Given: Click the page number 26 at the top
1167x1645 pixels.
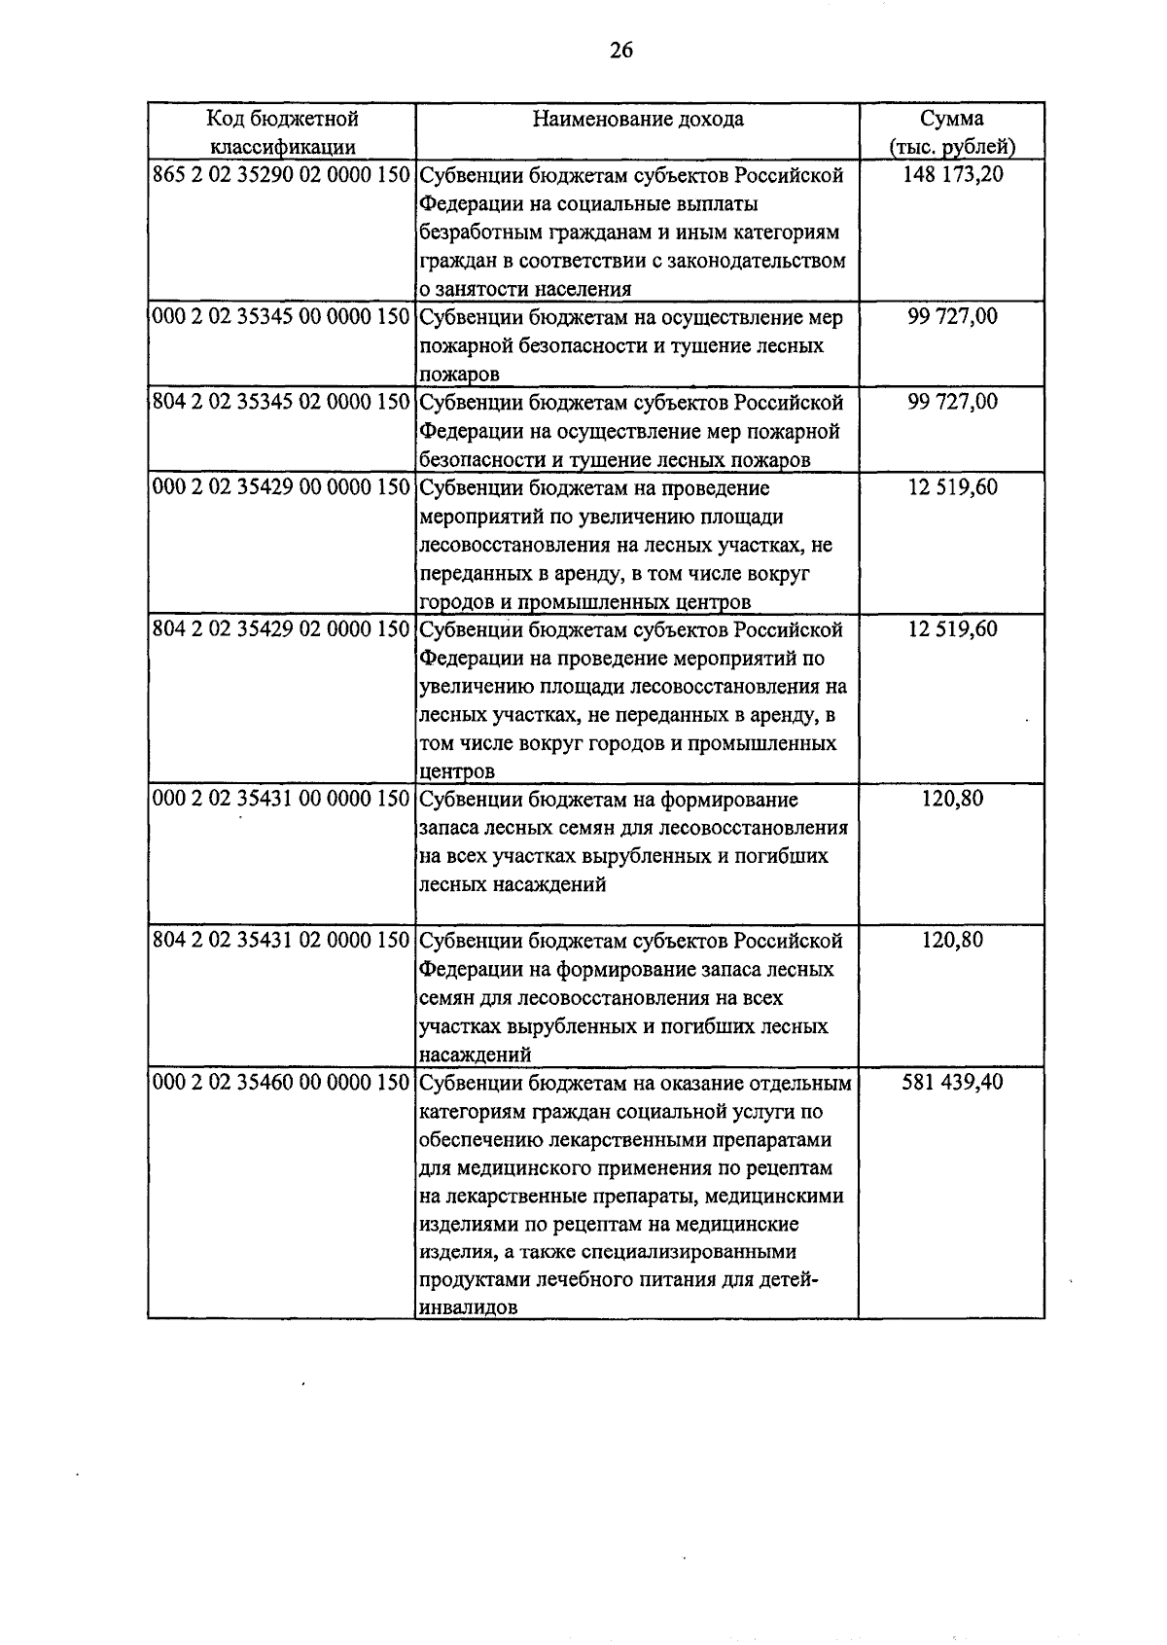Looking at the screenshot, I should (x=620, y=51).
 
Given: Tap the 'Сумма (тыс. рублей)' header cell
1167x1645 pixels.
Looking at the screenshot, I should (x=951, y=132).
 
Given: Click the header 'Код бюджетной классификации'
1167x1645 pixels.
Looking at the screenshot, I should (x=282, y=132).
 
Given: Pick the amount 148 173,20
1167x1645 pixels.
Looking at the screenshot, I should (x=952, y=175).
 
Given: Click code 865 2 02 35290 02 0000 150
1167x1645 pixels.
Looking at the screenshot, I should (x=282, y=175).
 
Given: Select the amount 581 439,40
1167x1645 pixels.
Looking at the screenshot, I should (x=952, y=1082).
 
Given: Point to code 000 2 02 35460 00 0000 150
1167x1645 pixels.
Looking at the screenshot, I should (x=282, y=1082).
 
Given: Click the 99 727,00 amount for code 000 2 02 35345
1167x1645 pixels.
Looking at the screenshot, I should (x=952, y=317).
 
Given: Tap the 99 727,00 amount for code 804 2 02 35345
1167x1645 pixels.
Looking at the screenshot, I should (x=952, y=402).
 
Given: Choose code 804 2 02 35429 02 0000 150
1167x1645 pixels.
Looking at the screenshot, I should (x=282, y=629).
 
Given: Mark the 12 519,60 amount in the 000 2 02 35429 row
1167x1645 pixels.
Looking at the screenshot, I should (x=952, y=487).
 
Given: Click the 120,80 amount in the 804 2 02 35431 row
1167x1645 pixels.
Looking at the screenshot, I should (x=952, y=941).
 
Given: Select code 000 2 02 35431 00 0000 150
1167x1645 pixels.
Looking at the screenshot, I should (x=282, y=800).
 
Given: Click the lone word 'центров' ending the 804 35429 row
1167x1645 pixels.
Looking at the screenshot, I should (x=456, y=772).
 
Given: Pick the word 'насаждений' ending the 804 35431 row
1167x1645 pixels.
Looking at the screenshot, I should (x=475, y=1055).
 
